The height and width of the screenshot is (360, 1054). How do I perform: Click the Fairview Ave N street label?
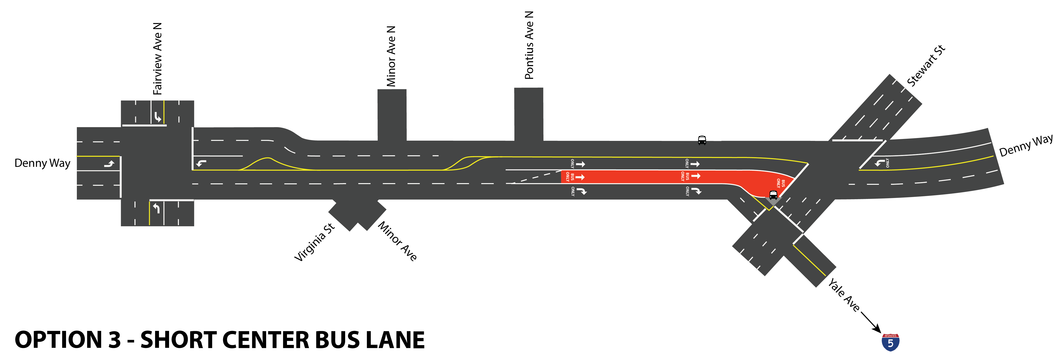pos(158,59)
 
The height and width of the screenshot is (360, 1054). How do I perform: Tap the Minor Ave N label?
pos(391,56)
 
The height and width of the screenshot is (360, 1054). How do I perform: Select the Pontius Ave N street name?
pos(529,45)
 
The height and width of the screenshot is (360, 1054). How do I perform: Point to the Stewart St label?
pos(926,66)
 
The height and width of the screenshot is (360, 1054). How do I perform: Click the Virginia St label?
pos(314,243)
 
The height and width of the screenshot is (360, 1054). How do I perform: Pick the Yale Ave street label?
pos(844,294)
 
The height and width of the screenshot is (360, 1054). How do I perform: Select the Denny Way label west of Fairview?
pos(42,163)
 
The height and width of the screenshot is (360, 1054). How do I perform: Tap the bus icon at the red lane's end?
pos(773,195)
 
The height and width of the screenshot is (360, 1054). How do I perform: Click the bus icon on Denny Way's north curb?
pos(702,140)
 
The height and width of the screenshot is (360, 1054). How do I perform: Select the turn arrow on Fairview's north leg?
pos(158,117)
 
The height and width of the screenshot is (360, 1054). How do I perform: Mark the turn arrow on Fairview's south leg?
pos(156,208)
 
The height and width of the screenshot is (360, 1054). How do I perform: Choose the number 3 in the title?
pos(115,340)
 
